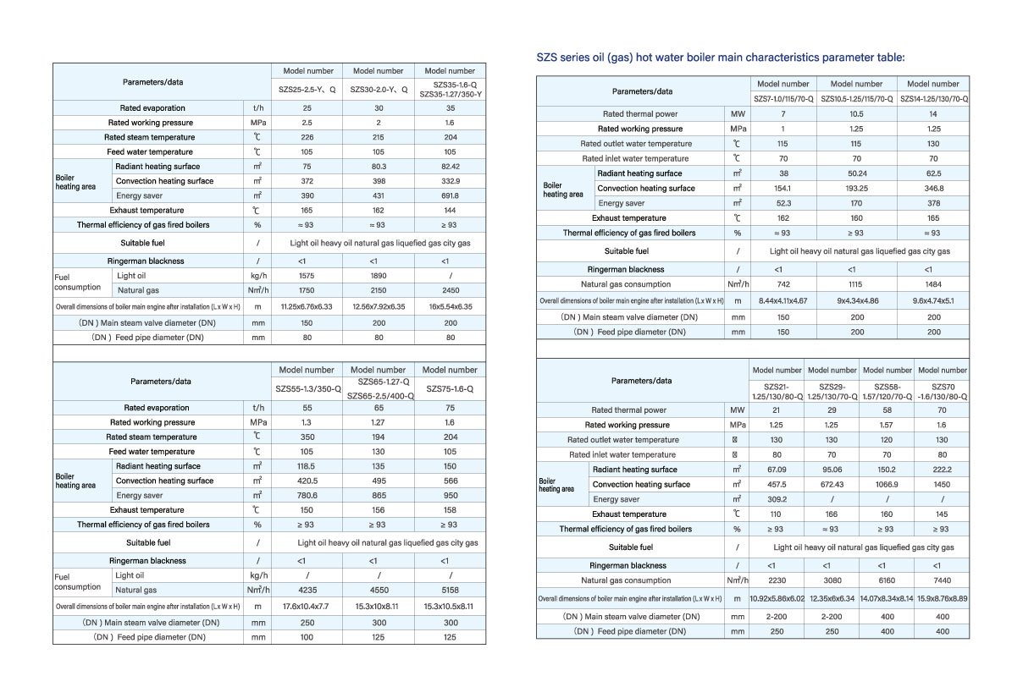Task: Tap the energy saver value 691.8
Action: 450,195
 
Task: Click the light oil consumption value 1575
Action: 307,275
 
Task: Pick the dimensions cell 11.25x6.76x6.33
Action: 307,306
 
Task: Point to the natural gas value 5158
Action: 450,590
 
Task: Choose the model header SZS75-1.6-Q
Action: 450,389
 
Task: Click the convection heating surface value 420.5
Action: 307,481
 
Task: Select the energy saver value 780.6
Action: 307,496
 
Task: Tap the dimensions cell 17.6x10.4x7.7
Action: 307,606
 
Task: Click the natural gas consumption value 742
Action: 783,284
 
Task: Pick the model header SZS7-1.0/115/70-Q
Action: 783,99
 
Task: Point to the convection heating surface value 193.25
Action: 856,188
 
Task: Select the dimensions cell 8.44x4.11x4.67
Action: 783,300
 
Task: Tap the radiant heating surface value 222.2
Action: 942,470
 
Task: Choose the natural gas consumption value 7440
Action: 942,580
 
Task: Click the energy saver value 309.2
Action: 777,499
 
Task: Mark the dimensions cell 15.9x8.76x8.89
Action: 942,599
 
